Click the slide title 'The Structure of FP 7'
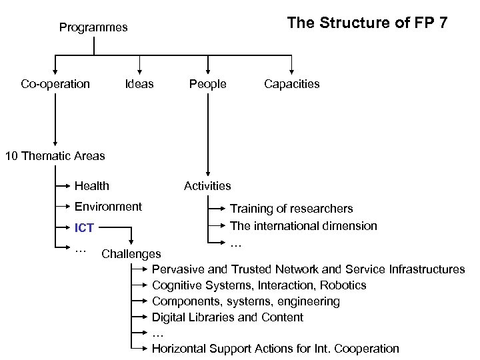367,23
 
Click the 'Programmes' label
93,28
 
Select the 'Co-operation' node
55,84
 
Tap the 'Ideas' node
139,84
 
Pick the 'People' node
207,84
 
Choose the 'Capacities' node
291,84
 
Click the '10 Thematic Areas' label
55,156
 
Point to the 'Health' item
92,186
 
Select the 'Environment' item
108,207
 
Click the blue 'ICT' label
84,229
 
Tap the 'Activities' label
207,186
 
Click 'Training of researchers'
291,209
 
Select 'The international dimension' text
303,226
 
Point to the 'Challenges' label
131,254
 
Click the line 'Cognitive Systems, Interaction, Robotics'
259,285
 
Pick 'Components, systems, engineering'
245,301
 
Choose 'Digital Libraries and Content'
227,317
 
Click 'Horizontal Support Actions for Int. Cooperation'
275,349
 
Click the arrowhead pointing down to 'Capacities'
291,70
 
